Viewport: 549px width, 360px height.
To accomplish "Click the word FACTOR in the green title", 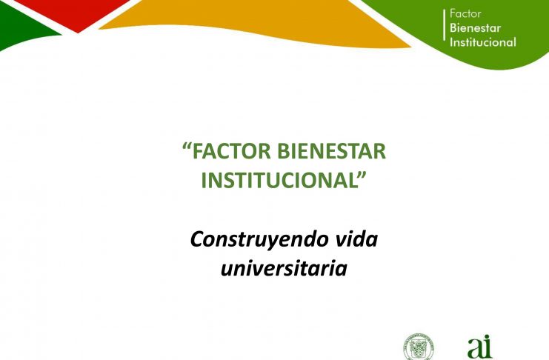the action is click(231, 151).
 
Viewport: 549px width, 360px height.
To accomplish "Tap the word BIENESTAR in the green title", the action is click(332, 151).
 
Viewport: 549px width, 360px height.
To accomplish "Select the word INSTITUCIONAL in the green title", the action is click(279, 180).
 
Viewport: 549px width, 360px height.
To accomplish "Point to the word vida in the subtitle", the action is click(357, 239).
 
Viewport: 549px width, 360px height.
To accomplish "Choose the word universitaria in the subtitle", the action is click(284, 268).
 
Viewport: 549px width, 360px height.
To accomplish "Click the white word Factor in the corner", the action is click(465, 13).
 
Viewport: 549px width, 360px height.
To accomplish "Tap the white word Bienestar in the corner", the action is click(475, 28).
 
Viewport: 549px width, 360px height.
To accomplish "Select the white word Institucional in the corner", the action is click(483, 42).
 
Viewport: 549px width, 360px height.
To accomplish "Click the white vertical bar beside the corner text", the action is click(445, 25).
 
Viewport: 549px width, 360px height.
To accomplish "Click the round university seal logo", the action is click(419, 347).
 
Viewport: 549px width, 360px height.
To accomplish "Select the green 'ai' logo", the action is click(480, 347).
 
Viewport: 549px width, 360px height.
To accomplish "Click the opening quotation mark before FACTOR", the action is click(187, 146).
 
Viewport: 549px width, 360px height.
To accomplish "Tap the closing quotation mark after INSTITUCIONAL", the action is click(362, 175).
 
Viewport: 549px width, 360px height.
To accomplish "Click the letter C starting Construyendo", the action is click(198, 239).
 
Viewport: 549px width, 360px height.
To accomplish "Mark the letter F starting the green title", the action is click(197, 151).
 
